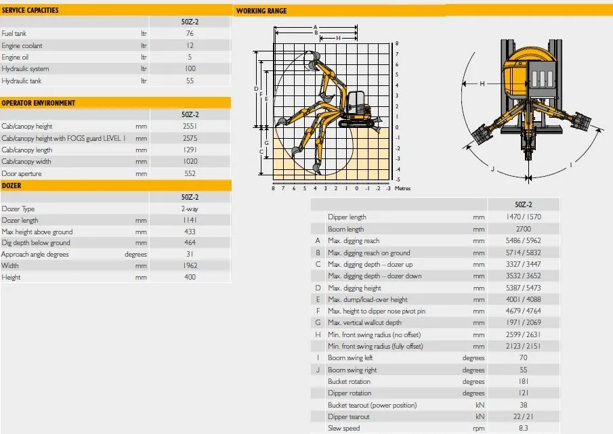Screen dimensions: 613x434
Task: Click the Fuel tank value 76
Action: point(190,34)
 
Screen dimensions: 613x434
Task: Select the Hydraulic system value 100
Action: point(190,69)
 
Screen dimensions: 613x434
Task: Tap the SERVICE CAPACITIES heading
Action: point(30,10)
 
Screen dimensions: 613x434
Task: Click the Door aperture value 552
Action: point(190,173)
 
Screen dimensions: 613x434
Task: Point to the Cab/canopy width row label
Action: point(26,161)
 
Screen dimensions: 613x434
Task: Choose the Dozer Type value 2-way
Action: point(190,209)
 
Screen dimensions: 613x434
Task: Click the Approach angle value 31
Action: point(190,254)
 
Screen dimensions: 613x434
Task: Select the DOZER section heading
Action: point(12,186)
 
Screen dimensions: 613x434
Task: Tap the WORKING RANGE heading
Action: point(261,11)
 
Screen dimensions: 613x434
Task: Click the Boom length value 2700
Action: point(523,229)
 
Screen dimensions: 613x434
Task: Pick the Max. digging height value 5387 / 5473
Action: point(523,288)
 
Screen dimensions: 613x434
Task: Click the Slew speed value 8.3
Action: point(524,428)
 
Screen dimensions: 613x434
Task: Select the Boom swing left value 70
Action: point(524,357)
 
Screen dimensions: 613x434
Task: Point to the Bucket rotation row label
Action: point(349,382)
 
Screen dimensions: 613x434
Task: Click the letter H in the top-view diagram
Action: point(482,83)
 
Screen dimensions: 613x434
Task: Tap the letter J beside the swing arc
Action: point(492,169)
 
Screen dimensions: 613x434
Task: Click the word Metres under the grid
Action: point(402,188)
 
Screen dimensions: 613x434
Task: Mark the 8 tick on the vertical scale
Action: point(397,43)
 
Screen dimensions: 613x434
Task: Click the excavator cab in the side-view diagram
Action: point(356,103)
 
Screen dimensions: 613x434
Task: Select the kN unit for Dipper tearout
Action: point(480,417)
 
